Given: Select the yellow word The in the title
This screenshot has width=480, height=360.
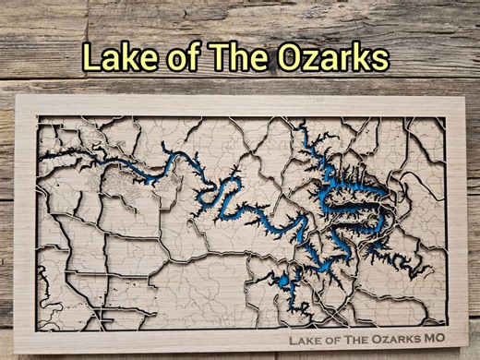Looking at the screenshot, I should pos(239,57).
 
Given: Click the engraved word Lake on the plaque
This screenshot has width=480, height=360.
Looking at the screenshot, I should pos(306,339).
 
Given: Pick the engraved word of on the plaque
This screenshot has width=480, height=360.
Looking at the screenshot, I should pos(334,339).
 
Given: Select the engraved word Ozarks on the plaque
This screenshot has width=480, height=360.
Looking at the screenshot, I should pos(398,339).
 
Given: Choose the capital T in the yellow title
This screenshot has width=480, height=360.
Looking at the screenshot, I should pos(220,57).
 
